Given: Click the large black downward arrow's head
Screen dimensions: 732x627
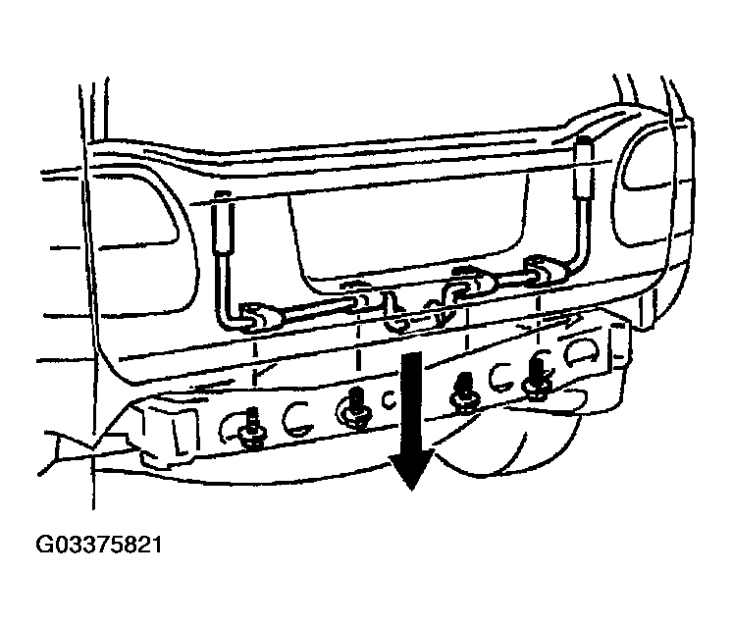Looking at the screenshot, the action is pos(411,467).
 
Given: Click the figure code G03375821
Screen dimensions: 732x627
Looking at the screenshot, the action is pos(99,545).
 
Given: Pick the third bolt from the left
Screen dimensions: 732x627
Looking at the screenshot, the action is pos(463,392).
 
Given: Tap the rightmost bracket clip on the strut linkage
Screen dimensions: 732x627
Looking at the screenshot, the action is pos(542,269).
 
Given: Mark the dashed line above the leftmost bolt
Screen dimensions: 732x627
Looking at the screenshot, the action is pos(255,375).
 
